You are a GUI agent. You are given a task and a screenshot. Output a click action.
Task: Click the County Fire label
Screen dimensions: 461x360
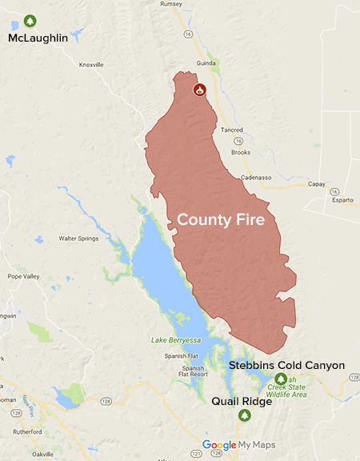[221, 218]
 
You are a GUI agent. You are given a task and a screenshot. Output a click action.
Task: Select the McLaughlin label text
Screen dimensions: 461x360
[38, 38]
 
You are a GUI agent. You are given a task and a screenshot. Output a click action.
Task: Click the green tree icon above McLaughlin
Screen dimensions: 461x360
[31, 20]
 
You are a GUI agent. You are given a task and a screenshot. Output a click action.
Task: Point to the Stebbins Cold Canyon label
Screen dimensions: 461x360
[286, 366]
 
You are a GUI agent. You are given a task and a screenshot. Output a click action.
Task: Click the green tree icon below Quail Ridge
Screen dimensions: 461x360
[245, 415]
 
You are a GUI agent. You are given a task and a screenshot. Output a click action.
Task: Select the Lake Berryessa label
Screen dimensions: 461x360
[175, 340]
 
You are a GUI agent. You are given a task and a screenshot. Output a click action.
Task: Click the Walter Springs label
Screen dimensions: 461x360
[78, 238]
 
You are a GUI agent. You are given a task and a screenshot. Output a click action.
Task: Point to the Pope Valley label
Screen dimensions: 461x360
[24, 276]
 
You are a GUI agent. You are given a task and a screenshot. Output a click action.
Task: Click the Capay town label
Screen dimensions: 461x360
[317, 183]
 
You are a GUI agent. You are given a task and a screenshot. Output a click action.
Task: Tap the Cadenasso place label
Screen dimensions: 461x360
[257, 177]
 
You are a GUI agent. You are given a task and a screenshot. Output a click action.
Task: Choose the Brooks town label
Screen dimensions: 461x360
[240, 151]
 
